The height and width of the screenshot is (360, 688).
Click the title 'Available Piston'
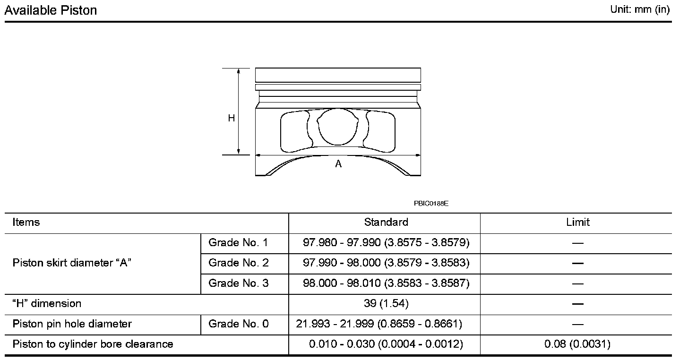pos(51,10)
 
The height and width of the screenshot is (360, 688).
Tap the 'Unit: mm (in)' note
pos(640,9)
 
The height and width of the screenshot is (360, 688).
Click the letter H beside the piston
pos(231,118)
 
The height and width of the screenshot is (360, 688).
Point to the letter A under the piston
pos(338,164)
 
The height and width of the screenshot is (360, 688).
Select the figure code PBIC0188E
pos(431,203)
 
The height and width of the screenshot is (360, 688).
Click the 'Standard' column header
pos(386,222)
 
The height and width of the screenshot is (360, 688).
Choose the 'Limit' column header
pos(578,222)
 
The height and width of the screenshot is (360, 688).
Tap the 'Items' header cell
pos(26,222)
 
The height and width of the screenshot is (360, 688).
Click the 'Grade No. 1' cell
pos(238,243)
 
